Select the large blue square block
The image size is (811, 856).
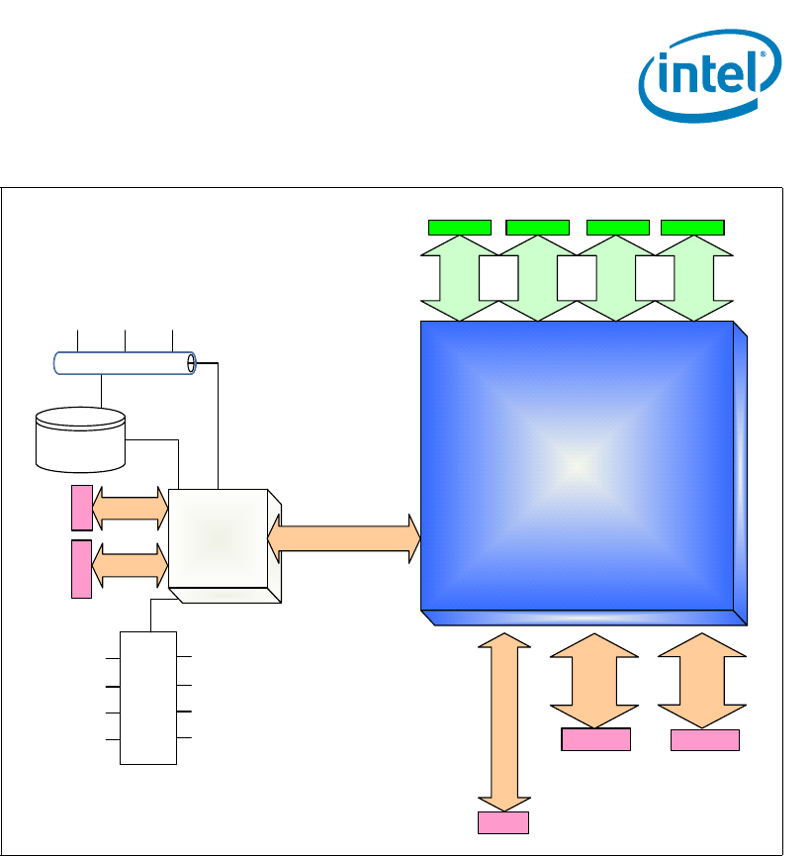pyautogui.click(x=579, y=465)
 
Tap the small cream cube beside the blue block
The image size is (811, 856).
pyautogui.click(x=220, y=539)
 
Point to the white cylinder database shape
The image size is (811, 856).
pyautogui.click(x=80, y=438)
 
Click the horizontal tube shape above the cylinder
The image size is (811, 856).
pyautogui.click(x=124, y=363)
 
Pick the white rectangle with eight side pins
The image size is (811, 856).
pyautogui.click(x=148, y=698)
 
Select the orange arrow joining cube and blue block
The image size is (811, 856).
pyautogui.click(x=344, y=539)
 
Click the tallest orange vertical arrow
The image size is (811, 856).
pyautogui.click(x=503, y=722)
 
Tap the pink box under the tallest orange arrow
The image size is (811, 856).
pyautogui.click(x=503, y=822)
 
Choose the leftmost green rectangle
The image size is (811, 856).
pyautogui.click(x=460, y=227)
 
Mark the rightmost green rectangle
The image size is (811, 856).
pyautogui.click(x=692, y=227)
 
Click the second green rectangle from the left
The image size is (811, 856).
pyautogui.click(x=538, y=227)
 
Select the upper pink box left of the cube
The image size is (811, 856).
pyautogui.click(x=81, y=508)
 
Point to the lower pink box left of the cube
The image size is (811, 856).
pyautogui.click(x=81, y=569)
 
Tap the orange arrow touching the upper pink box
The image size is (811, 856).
pyautogui.click(x=130, y=508)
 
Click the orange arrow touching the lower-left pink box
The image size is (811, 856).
pyautogui.click(x=130, y=564)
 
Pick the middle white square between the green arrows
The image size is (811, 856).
pyautogui.click(x=577, y=278)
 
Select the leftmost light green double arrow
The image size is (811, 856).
pyautogui.click(x=460, y=278)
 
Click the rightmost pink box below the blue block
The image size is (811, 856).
pyautogui.click(x=705, y=740)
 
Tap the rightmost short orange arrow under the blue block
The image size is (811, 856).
pyautogui.click(x=701, y=681)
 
